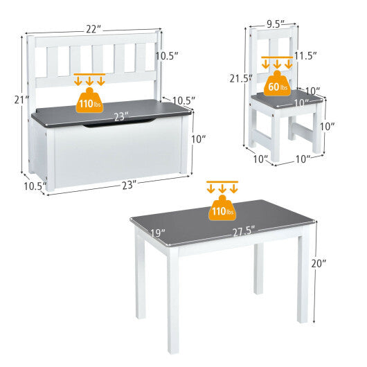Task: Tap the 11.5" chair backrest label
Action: tap(304, 55)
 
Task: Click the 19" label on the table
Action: tap(157, 233)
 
